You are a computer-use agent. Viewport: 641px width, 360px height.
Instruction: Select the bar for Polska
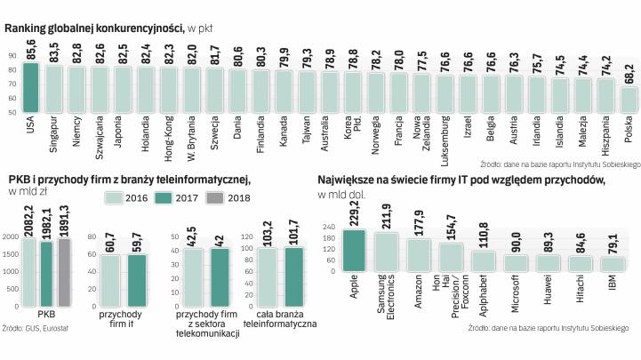click(628, 100)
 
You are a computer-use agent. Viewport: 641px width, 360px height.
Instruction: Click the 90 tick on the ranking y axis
click(11, 55)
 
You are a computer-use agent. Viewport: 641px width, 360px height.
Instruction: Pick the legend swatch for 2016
click(117, 196)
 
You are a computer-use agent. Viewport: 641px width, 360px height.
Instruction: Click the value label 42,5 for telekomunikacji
click(188, 211)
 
